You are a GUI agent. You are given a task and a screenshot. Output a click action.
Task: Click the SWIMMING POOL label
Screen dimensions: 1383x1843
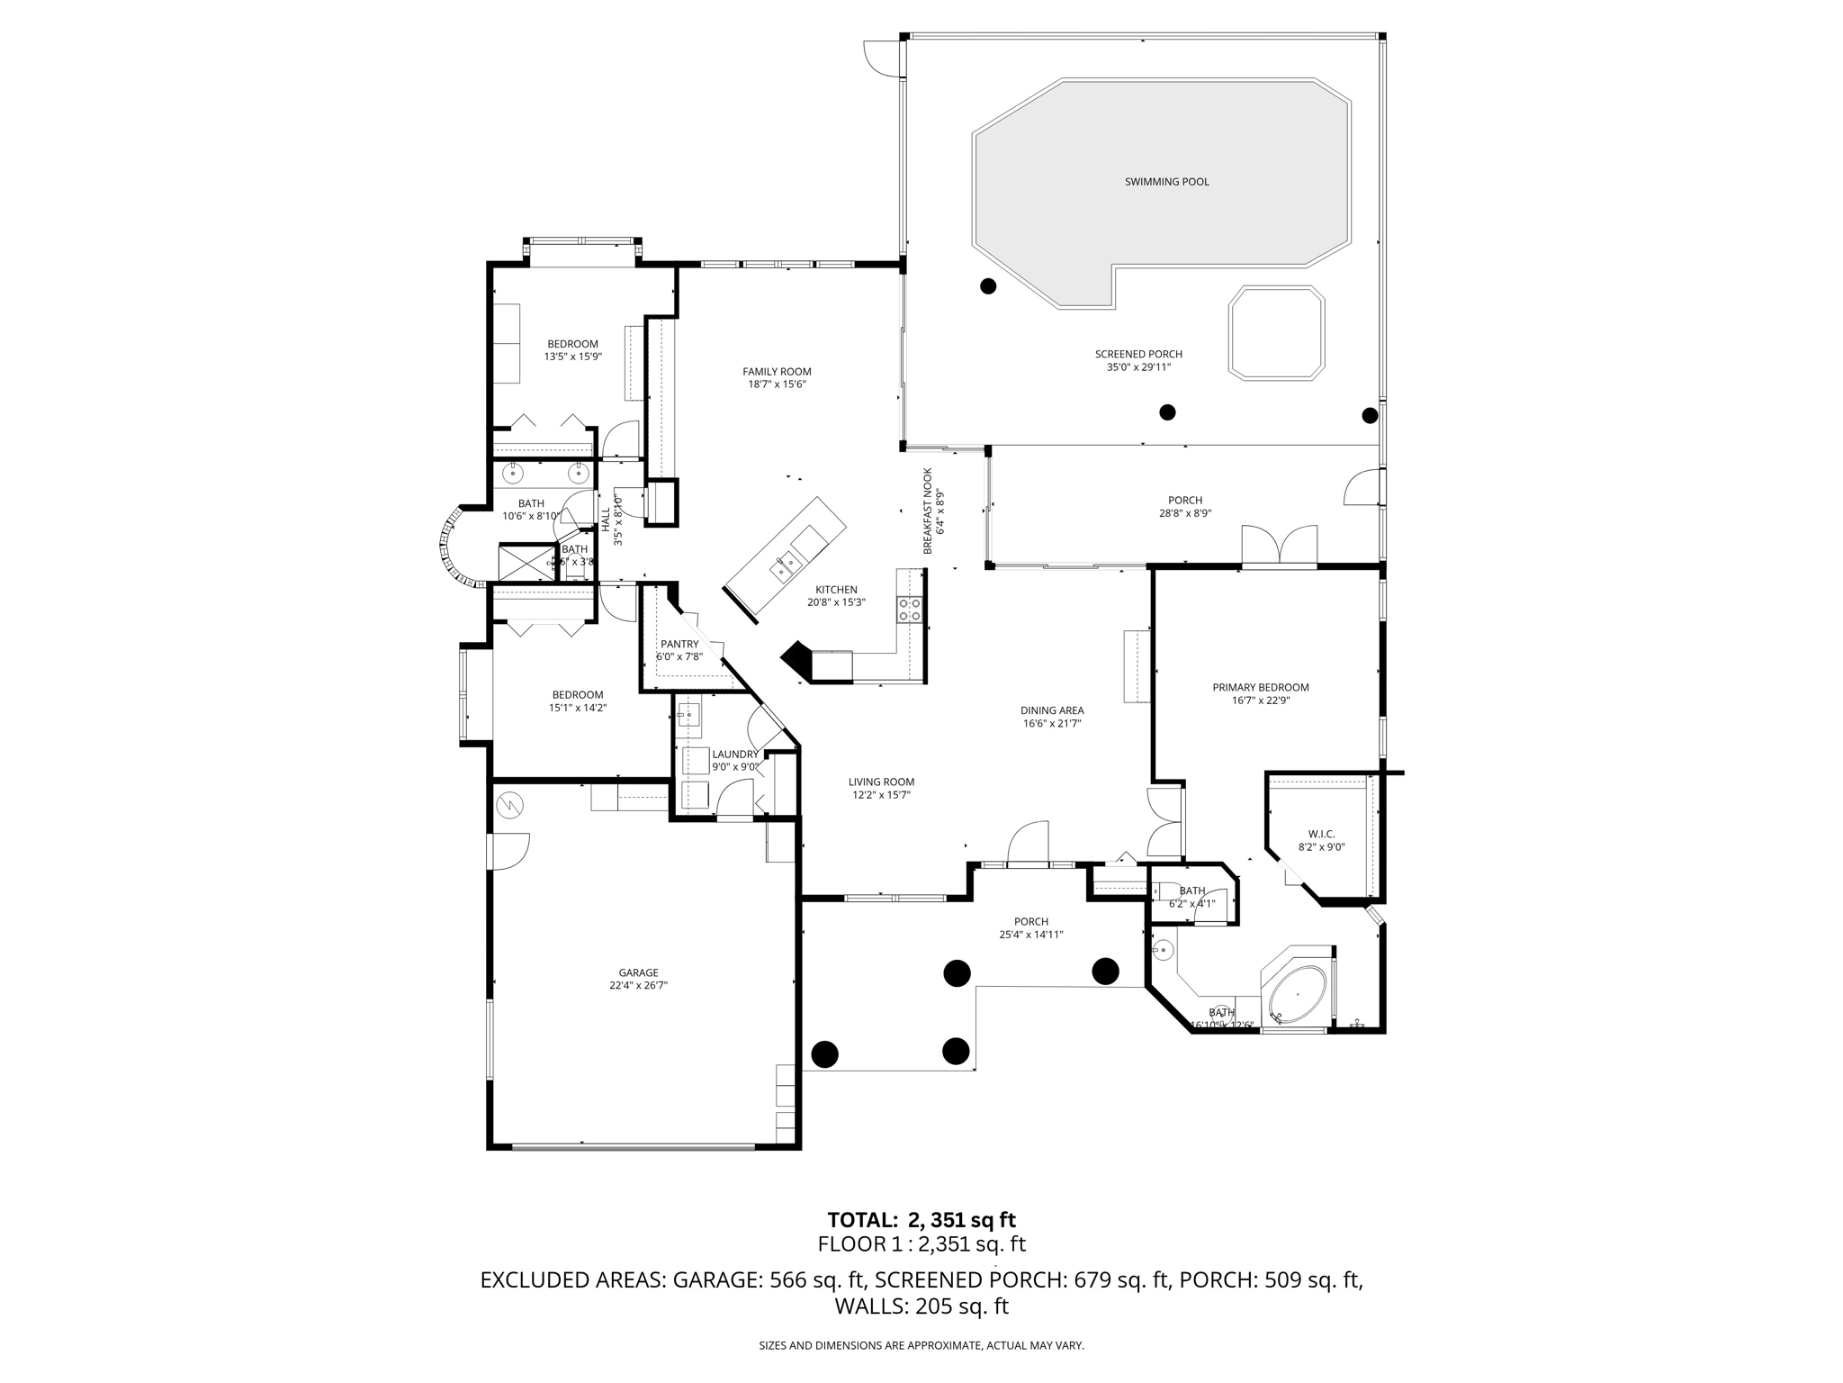pyautogui.click(x=1166, y=182)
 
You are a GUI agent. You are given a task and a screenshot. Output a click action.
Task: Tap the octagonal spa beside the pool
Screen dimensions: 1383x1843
pyautogui.click(x=1275, y=331)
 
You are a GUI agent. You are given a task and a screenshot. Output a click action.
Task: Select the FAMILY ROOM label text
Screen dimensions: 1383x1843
pyautogui.click(x=777, y=371)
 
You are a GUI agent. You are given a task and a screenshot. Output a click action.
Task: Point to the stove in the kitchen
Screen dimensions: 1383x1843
pyautogui.click(x=910, y=610)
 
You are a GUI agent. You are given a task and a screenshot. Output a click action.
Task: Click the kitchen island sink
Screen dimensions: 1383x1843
pyautogui.click(x=786, y=565)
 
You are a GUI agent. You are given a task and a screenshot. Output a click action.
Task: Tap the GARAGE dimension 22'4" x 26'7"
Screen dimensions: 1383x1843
pyautogui.click(x=638, y=985)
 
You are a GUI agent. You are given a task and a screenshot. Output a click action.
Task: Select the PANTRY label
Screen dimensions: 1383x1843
pyautogui.click(x=679, y=644)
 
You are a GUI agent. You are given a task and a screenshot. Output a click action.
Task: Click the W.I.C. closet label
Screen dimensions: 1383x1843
pyautogui.click(x=1321, y=834)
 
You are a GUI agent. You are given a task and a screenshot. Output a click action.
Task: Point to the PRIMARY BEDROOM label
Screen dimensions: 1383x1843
pyautogui.click(x=1260, y=687)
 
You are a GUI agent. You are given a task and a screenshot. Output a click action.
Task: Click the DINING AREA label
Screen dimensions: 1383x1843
pyautogui.click(x=1051, y=710)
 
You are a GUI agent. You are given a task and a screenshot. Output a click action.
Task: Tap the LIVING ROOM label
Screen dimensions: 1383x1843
pyautogui.click(x=881, y=782)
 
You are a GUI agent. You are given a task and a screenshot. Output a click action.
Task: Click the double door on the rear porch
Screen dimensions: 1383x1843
pyautogui.click(x=1279, y=547)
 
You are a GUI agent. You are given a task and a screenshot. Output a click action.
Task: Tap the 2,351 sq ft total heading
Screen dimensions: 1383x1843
pyautogui.click(x=921, y=1220)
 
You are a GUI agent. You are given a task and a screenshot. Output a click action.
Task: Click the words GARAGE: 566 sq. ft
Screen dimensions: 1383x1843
pyautogui.click(x=769, y=1279)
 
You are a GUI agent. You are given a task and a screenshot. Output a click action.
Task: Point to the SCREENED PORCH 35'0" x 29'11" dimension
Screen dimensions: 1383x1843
pyautogui.click(x=1138, y=367)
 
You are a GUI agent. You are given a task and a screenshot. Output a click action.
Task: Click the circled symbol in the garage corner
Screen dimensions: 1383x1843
pyautogui.click(x=508, y=804)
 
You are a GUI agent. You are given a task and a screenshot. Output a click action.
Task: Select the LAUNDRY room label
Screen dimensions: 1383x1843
pyautogui.click(x=735, y=755)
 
